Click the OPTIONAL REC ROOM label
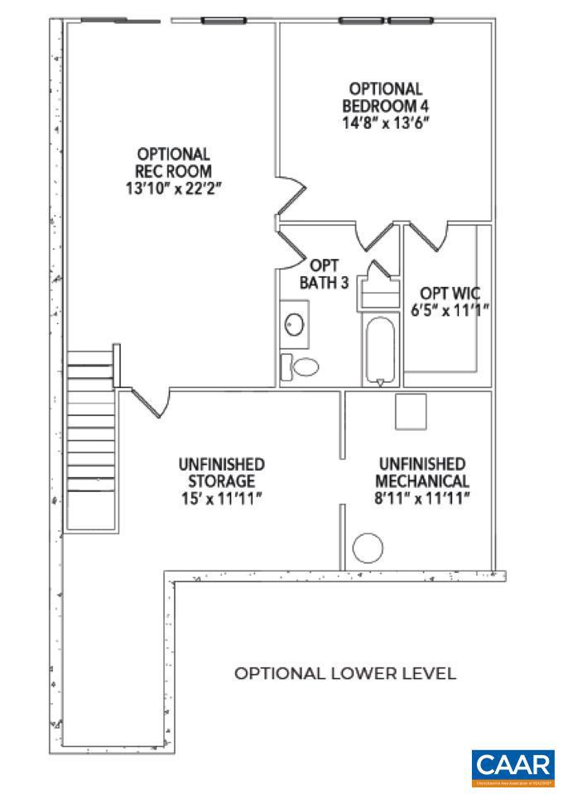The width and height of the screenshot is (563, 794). [174, 161]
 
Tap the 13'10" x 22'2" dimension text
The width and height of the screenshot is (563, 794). [174, 188]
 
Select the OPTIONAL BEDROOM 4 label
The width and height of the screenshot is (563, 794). [385, 97]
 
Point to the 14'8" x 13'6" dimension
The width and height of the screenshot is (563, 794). [385, 123]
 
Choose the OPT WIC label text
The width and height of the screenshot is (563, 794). [450, 293]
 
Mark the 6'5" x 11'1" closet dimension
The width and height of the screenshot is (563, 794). [450, 309]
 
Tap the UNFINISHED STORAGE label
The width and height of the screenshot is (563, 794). [221, 472]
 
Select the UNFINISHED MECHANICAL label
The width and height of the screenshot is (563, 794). [421, 472]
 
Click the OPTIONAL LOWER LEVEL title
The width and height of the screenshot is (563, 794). [345, 673]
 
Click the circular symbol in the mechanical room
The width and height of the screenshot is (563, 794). [368, 547]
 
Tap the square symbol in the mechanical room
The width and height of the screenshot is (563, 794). [411, 412]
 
